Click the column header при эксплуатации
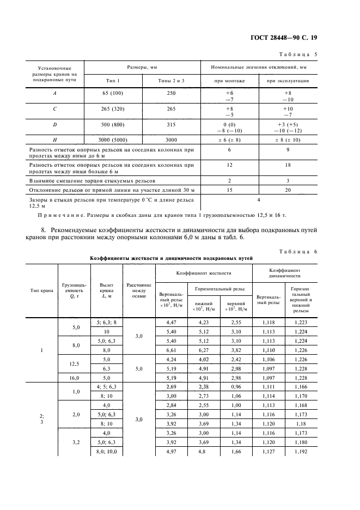pyautogui.click(x=288, y=81)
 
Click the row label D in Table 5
pyautogui.click(x=54, y=125)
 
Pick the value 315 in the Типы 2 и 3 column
pyautogui.click(x=171, y=125)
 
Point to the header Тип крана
pyautogui.click(x=42, y=290)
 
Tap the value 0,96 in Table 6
pyautogui.click(x=235, y=386)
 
